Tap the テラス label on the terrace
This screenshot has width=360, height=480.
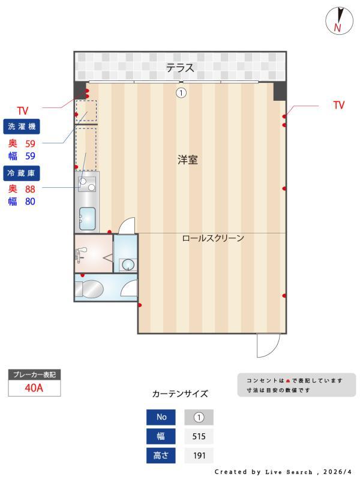coord(180,68)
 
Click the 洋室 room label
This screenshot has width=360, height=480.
coord(187,160)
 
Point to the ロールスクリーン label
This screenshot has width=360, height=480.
coord(213,238)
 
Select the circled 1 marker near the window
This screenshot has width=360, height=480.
coord(180,93)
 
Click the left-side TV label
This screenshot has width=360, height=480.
coord(23,111)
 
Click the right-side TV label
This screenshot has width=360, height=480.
coord(339,106)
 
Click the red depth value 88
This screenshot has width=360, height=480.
coord(30,188)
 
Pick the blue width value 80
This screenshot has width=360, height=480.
coord(30,202)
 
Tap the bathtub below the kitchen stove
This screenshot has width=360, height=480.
coord(88,218)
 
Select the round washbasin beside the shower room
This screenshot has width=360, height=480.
coord(127,263)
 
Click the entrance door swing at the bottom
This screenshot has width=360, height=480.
coord(268,344)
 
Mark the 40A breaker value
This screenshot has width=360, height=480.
coord(34,388)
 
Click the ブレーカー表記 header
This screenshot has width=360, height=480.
coord(34,375)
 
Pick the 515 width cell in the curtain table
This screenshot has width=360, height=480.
coord(199,436)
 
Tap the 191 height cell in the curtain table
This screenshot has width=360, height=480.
coord(199,455)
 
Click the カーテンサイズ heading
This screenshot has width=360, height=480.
coord(180,394)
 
